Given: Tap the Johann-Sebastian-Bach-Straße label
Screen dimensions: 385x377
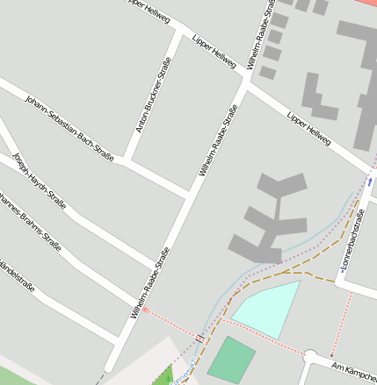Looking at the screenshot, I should [69, 127].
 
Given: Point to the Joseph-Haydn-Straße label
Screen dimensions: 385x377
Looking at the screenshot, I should [40, 184].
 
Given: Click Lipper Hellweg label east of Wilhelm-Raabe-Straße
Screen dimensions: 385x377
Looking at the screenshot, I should [308, 128].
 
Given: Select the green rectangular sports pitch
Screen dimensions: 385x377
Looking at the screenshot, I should [231, 359].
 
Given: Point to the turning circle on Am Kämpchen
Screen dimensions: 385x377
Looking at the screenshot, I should [311, 355].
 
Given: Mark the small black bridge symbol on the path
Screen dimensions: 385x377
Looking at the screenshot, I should [201, 335].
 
